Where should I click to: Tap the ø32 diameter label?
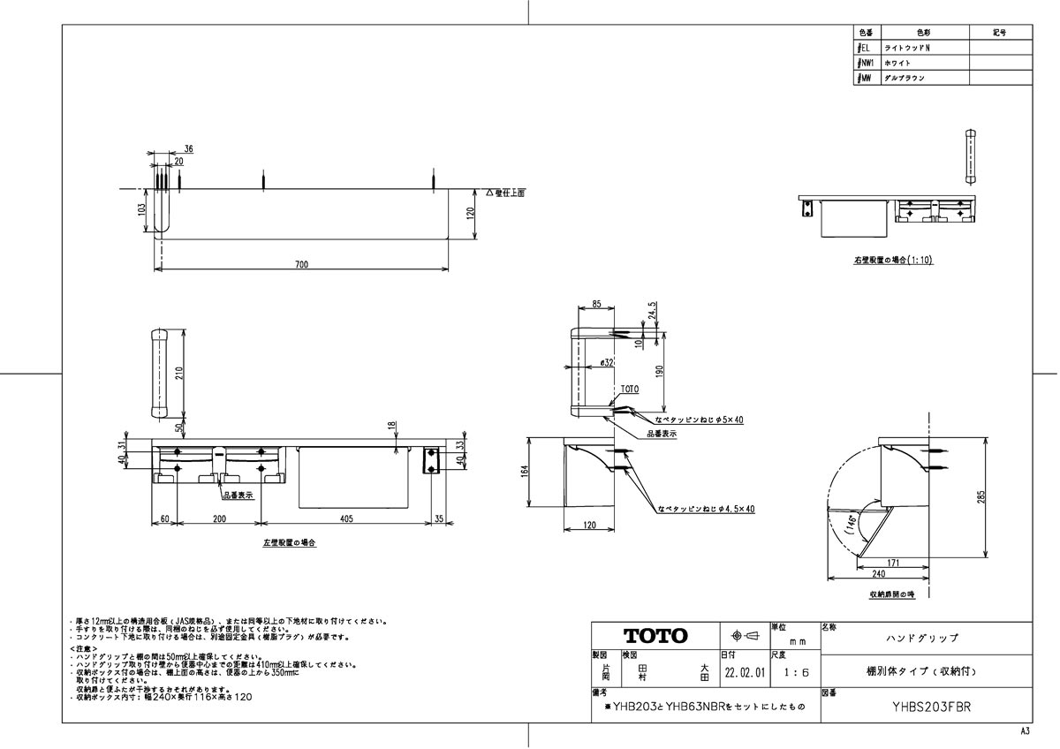(607, 363)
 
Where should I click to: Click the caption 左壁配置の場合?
(290, 542)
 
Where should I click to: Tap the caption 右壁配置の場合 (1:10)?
(893, 261)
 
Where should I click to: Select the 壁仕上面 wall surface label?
(505, 193)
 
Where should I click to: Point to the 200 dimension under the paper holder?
(217, 519)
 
